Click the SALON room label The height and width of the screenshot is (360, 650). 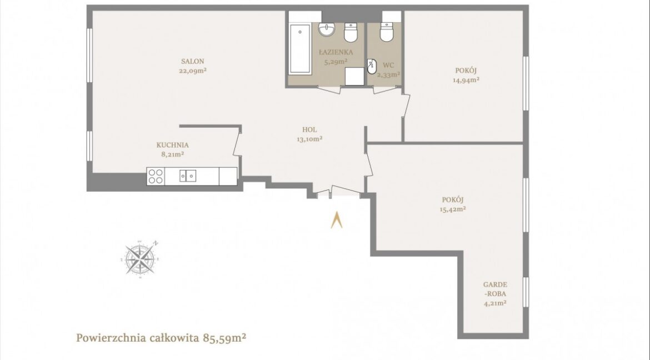192,61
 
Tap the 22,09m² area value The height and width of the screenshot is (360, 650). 193,71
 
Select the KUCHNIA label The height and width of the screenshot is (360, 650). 172,145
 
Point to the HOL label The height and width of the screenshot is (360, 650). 309,130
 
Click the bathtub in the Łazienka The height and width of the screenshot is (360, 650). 300,49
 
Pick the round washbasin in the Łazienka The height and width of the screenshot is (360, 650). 327,29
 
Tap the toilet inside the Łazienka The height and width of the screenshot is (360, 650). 351,32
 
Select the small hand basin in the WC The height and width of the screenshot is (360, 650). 372,66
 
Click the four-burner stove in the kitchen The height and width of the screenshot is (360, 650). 156,176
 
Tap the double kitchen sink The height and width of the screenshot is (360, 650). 188,176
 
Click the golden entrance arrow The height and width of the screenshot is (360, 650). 337,220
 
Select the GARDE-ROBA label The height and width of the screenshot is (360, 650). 496,289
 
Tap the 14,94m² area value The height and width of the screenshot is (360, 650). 466,80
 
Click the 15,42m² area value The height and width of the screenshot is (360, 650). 453,209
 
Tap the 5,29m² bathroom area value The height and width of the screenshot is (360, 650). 336,62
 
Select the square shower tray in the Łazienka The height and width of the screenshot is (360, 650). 354,76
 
